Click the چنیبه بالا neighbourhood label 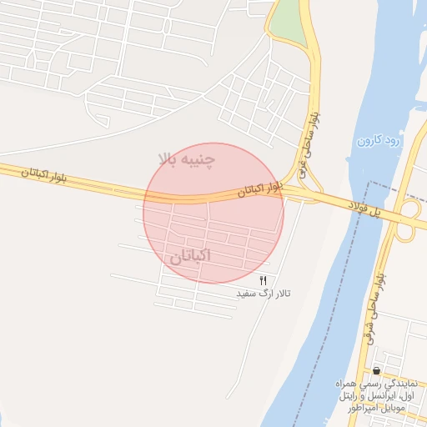(191, 158)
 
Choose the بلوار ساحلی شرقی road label (374, 309)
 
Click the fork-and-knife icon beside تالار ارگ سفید (264, 281)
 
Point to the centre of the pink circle (213, 213)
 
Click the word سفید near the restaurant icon (245, 294)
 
